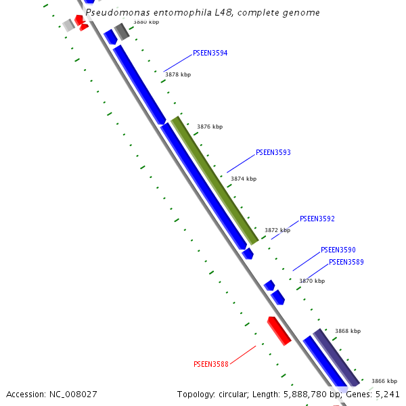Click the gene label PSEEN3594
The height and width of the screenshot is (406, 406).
tap(210, 53)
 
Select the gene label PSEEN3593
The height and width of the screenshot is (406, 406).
tap(273, 153)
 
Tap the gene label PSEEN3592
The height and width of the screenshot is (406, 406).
tap(317, 219)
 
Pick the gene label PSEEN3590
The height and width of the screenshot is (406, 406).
tap(338, 250)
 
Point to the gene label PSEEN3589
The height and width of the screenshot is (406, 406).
tap(346, 263)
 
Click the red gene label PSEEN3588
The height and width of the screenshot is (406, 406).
tap(210, 364)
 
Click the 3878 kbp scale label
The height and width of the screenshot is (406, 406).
tap(178, 74)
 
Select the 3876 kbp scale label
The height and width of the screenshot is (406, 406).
tap(210, 127)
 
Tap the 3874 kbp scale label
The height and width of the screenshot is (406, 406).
tap(244, 179)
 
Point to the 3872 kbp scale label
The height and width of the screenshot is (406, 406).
tap(277, 230)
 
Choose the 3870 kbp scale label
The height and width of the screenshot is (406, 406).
tap(312, 281)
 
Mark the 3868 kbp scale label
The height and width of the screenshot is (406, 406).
tap(348, 331)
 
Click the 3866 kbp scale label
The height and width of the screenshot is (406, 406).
tap(384, 381)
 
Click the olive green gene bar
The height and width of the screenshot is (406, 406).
tap(215, 181)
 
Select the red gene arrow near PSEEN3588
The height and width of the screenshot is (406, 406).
tap(279, 330)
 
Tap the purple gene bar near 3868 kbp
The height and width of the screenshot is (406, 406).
tap(336, 357)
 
